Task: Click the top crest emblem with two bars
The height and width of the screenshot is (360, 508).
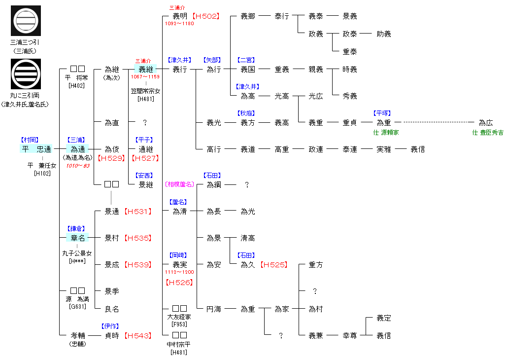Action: (26, 20)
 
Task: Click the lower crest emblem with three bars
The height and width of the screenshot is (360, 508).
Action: (26, 74)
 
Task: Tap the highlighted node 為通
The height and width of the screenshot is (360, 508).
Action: (78, 149)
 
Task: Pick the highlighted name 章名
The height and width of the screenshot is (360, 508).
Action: (78, 238)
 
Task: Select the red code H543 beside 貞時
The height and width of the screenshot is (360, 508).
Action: (137, 336)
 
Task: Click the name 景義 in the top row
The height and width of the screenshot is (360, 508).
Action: (350, 16)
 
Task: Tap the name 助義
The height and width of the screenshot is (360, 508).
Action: (384, 34)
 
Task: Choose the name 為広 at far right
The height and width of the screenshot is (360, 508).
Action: (486, 123)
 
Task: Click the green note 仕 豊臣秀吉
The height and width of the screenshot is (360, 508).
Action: (488, 133)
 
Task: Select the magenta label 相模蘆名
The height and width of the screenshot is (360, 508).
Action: (180, 184)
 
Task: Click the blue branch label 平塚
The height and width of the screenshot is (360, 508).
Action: (382, 113)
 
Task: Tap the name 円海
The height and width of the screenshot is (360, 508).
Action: (214, 309)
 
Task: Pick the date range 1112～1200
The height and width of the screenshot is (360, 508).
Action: (179, 272)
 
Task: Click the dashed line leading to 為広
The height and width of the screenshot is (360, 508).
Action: (439, 123)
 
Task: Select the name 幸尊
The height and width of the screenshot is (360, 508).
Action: (350, 336)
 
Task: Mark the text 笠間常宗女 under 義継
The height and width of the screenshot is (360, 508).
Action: (146, 91)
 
